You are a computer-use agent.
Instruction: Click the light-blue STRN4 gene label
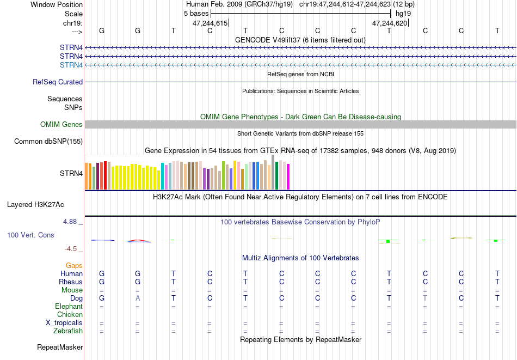pyautogui.click(x=71, y=65)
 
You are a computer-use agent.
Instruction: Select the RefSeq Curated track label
pyautogui.click(x=58, y=82)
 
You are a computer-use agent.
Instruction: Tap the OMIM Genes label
pyautogui.click(x=61, y=124)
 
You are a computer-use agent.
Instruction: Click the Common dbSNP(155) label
pyautogui.click(x=48, y=141)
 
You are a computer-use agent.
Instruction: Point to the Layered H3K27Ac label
pyautogui.click(x=35, y=205)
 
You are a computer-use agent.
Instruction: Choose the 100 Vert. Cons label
pyautogui.click(x=30, y=235)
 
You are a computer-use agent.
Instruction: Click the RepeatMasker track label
pyautogui.click(x=60, y=347)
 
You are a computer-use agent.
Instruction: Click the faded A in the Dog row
pyautogui.click(x=138, y=298)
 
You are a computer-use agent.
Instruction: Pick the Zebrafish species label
pyautogui.click(x=68, y=331)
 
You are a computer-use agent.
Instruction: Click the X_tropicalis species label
pyautogui.click(x=64, y=323)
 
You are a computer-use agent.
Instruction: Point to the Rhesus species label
pyautogui.click(x=71, y=282)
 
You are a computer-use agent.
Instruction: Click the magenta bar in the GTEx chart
pyautogui.click(x=288, y=177)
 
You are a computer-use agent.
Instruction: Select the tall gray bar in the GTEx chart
pyautogui.click(x=273, y=172)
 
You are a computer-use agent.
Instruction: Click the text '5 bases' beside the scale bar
pyautogui.click(x=196, y=14)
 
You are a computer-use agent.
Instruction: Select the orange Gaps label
pyautogui.click(x=74, y=265)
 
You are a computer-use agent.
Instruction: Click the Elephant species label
pyautogui.click(x=69, y=306)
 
